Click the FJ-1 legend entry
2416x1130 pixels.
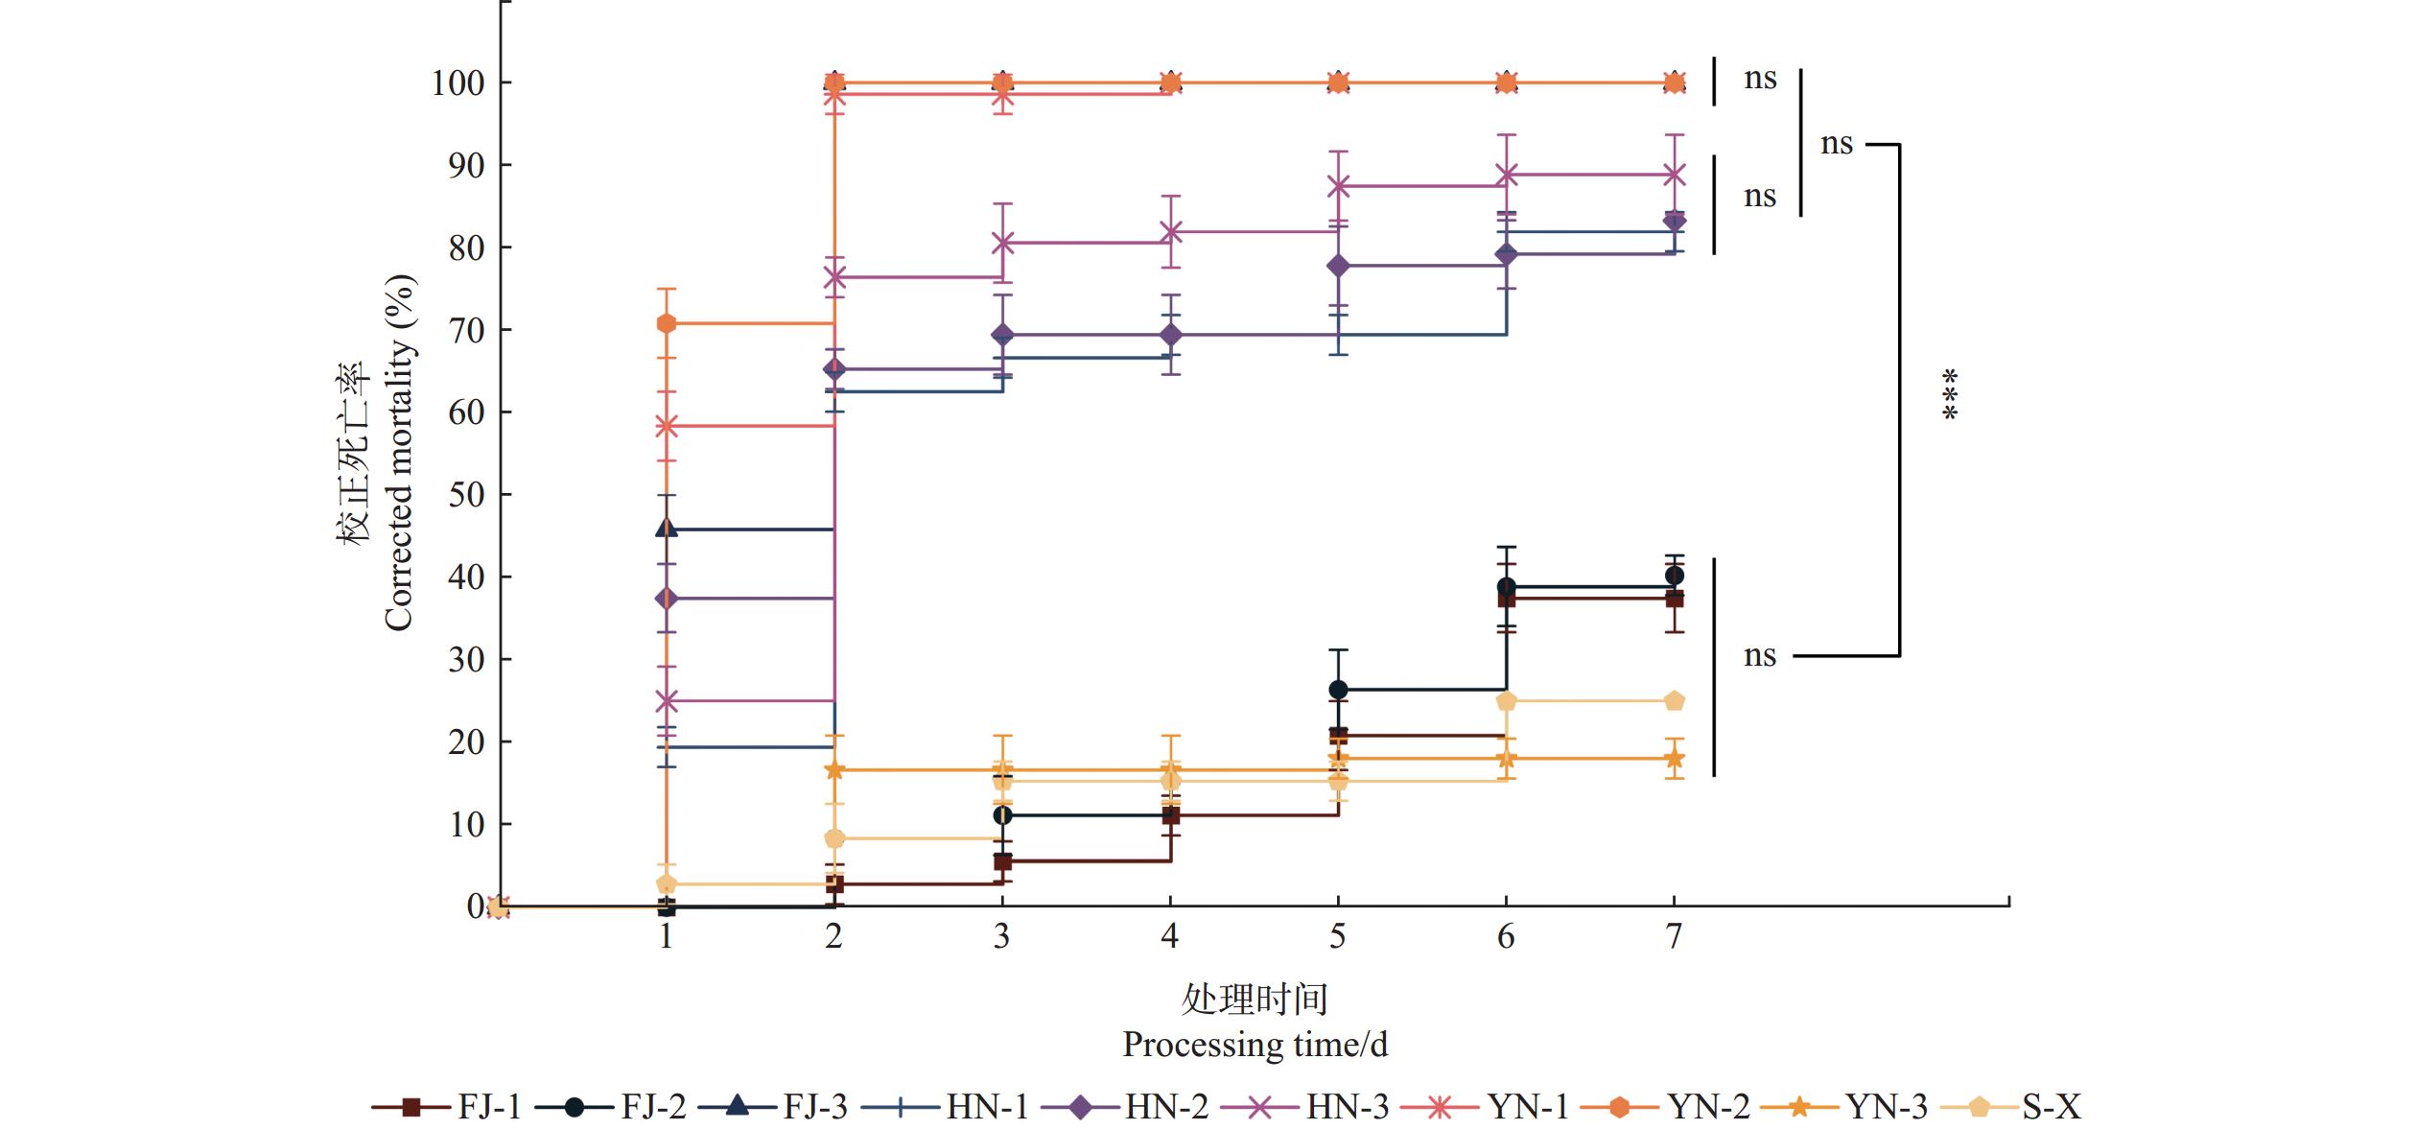click(x=447, y=1106)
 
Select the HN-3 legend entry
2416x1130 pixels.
click(x=1305, y=1106)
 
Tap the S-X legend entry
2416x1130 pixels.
click(x=2011, y=1106)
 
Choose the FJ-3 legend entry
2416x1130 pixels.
click(x=773, y=1106)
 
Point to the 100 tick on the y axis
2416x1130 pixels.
click(x=457, y=83)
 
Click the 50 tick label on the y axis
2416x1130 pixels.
click(x=466, y=495)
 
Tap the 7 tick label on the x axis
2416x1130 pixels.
click(x=1674, y=936)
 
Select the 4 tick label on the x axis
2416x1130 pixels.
click(x=1169, y=936)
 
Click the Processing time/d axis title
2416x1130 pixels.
click(x=1255, y=1044)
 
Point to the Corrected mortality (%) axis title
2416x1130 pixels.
click(x=399, y=453)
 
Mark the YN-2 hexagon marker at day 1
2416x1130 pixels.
click(x=667, y=323)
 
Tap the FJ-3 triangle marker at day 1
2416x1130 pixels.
click(x=667, y=528)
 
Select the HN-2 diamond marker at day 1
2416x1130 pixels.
click(x=667, y=599)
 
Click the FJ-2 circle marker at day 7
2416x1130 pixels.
click(x=1674, y=576)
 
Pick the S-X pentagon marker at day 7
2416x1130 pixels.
click(x=1674, y=701)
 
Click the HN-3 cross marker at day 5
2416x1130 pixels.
click(x=1338, y=186)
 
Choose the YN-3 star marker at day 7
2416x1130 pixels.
click(x=1674, y=759)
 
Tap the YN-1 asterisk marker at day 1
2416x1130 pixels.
click(x=667, y=426)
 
